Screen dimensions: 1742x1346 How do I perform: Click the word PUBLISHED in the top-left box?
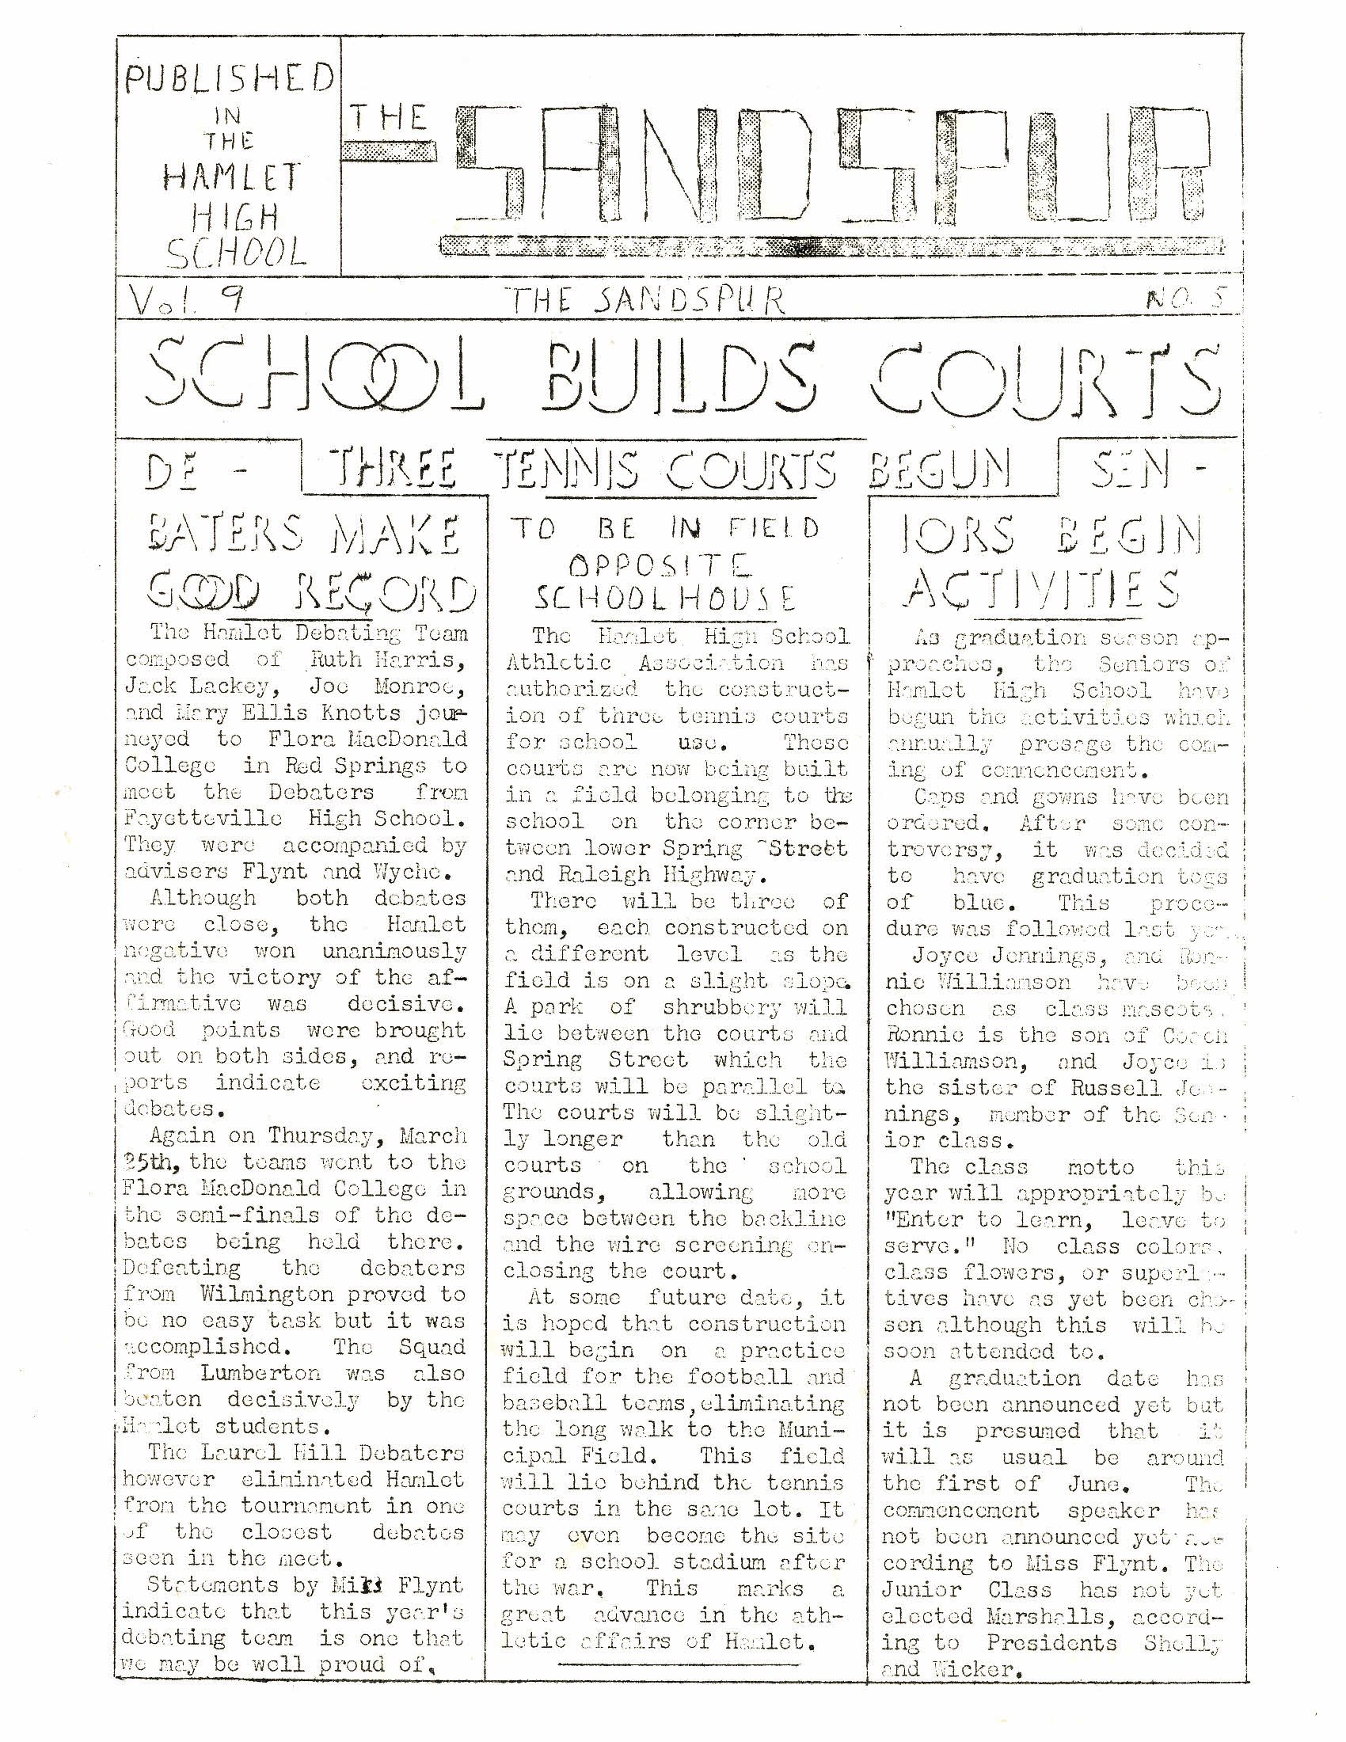(x=230, y=81)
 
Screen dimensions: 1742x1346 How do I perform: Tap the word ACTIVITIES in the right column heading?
(x=1043, y=588)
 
